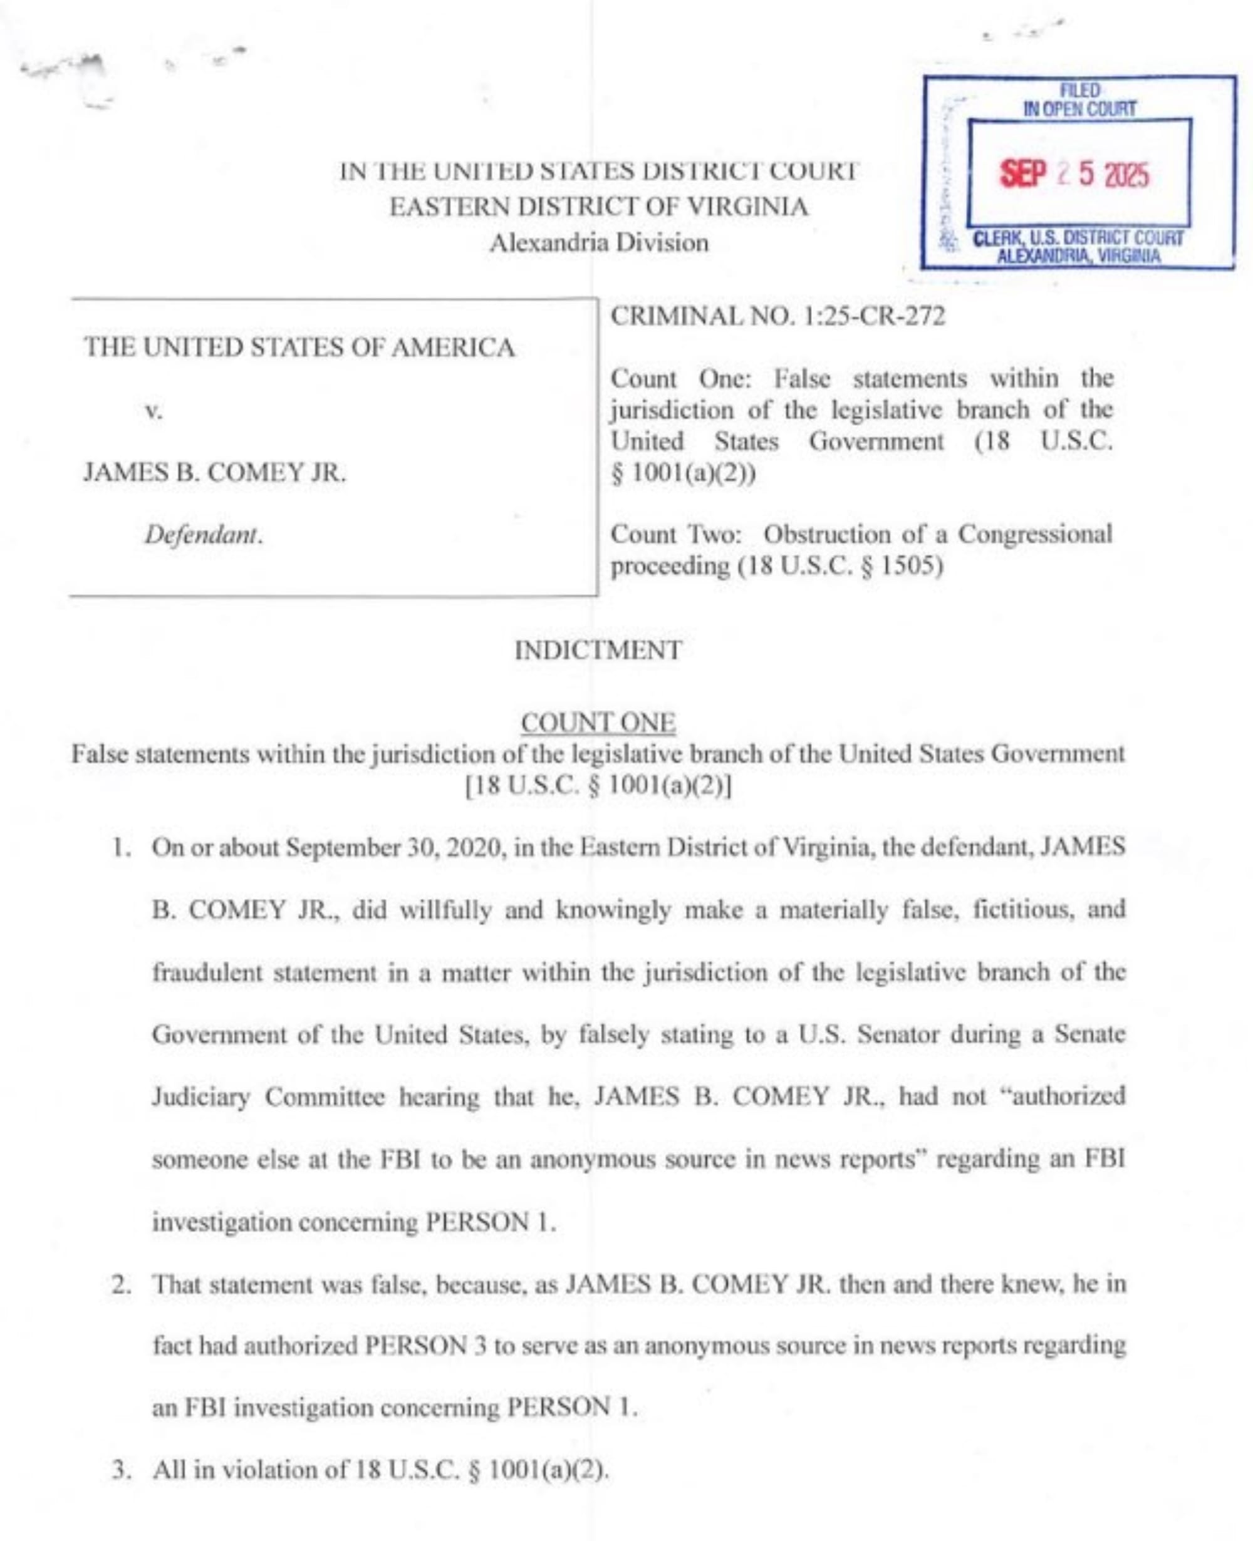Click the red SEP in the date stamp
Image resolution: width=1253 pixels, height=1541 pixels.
(x=1022, y=174)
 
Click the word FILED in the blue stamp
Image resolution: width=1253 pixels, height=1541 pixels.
(x=1080, y=91)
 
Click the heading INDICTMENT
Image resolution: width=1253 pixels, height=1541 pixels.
(x=598, y=650)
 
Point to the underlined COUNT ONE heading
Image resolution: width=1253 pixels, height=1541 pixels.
(x=598, y=722)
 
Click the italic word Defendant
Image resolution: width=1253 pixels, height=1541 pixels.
(x=204, y=535)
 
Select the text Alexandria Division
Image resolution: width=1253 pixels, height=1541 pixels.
(x=598, y=242)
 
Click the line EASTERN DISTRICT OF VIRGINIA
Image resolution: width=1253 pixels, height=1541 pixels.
(x=598, y=207)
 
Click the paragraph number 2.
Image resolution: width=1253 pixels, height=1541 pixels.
(x=120, y=1284)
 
